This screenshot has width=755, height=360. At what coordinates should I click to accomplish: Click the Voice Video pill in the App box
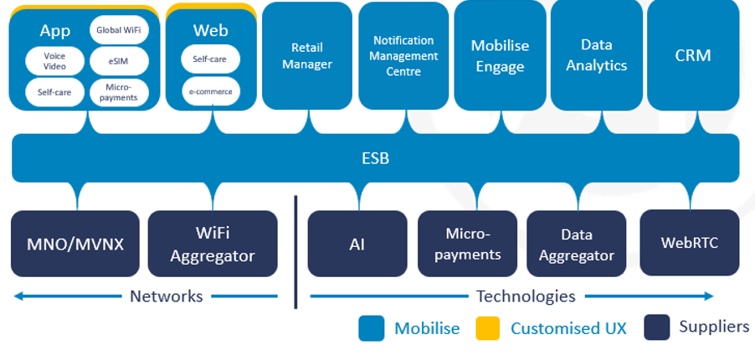[54, 61]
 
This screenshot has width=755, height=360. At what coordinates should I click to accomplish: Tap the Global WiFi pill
[119, 30]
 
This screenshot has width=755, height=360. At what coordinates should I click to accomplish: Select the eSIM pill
[119, 61]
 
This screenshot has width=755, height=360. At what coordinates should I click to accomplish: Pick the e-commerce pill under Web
[210, 91]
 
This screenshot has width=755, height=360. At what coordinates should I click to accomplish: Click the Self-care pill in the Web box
[210, 59]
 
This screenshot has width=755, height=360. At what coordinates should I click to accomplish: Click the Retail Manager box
[307, 56]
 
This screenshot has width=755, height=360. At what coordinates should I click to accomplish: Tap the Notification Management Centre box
[403, 56]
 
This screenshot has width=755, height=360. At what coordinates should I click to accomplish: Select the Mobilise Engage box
[500, 56]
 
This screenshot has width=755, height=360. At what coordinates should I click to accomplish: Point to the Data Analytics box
[597, 56]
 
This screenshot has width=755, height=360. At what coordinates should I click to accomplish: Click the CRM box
[693, 56]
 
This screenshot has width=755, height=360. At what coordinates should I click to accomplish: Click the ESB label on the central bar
[376, 158]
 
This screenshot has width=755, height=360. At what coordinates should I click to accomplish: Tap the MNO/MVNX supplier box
[75, 244]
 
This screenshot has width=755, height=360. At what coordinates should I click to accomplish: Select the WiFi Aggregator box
[213, 244]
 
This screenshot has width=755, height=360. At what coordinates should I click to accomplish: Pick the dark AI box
[357, 244]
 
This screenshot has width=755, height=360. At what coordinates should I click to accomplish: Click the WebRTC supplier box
[690, 243]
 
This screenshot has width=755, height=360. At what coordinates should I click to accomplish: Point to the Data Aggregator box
[577, 244]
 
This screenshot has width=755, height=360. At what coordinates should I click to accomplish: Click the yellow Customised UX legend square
[487, 328]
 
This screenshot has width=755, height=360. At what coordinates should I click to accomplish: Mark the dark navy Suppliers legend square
[657, 327]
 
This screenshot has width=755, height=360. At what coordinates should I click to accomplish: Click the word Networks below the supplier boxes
[167, 296]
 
